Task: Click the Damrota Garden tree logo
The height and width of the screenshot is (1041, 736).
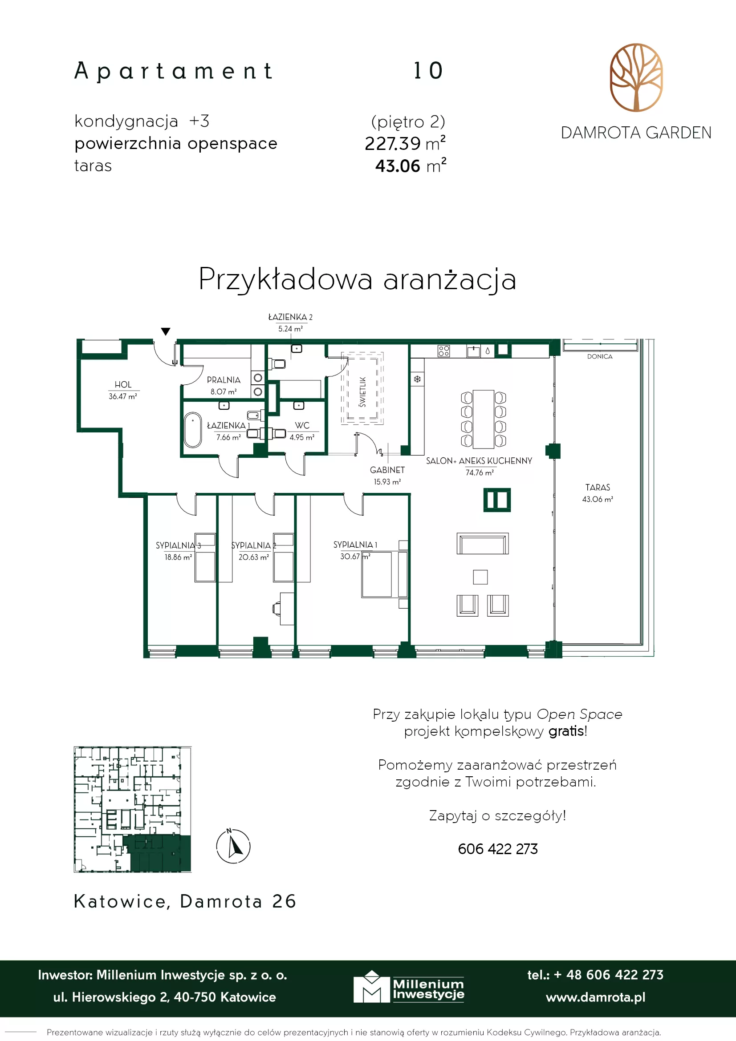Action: coord(636,77)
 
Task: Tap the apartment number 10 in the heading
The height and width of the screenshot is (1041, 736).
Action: coord(428,71)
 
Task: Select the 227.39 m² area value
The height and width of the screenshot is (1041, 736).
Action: coord(405,143)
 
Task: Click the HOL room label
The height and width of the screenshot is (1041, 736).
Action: coord(123,384)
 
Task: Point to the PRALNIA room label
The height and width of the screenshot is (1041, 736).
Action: coord(224,380)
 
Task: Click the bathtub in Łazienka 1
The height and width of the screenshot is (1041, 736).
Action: coord(193,430)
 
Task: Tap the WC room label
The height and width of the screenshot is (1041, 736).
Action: coord(302,425)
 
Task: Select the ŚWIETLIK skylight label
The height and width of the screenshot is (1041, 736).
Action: coord(362,392)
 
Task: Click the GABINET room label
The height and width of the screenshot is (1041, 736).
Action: coord(387,470)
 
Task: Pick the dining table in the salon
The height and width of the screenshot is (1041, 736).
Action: coord(483,420)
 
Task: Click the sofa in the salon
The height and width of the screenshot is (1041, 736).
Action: coord(483,544)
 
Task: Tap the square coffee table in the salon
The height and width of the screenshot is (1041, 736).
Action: coord(480,577)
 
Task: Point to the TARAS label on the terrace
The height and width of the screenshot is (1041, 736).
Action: coord(598,488)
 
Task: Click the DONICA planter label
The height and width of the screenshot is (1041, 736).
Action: coord(600,356)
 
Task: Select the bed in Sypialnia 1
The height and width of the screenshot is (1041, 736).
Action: coord(377,574)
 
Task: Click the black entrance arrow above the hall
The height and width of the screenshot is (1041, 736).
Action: coord(166,331)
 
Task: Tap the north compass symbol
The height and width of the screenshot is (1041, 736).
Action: coord(233,846)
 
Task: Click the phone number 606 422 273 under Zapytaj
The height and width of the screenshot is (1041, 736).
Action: coord(498,849)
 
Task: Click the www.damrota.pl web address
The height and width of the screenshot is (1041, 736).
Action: coord(595,997)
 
